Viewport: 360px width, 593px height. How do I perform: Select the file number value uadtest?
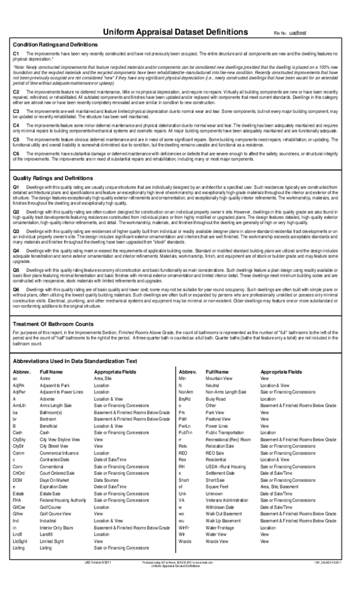[297, 35]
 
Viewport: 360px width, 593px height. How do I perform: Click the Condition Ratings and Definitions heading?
[56, 45]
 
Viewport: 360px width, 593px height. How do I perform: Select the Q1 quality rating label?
[16, 188]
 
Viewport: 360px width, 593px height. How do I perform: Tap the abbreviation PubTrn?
[185, 432]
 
